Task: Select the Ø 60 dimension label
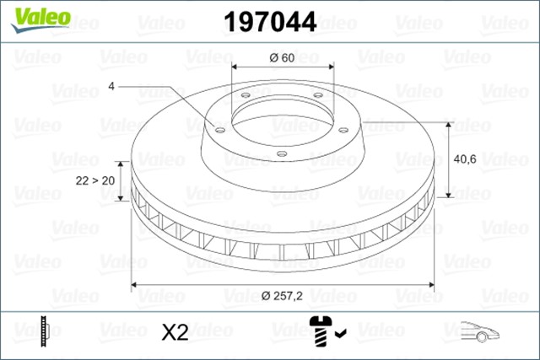pos(282,58)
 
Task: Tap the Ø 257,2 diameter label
pos(282,295)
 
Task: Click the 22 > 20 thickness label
pos(96,180)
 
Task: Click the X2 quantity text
pos(174,332)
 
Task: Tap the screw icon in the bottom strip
pos(321,330)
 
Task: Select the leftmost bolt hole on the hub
pos(219,130)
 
